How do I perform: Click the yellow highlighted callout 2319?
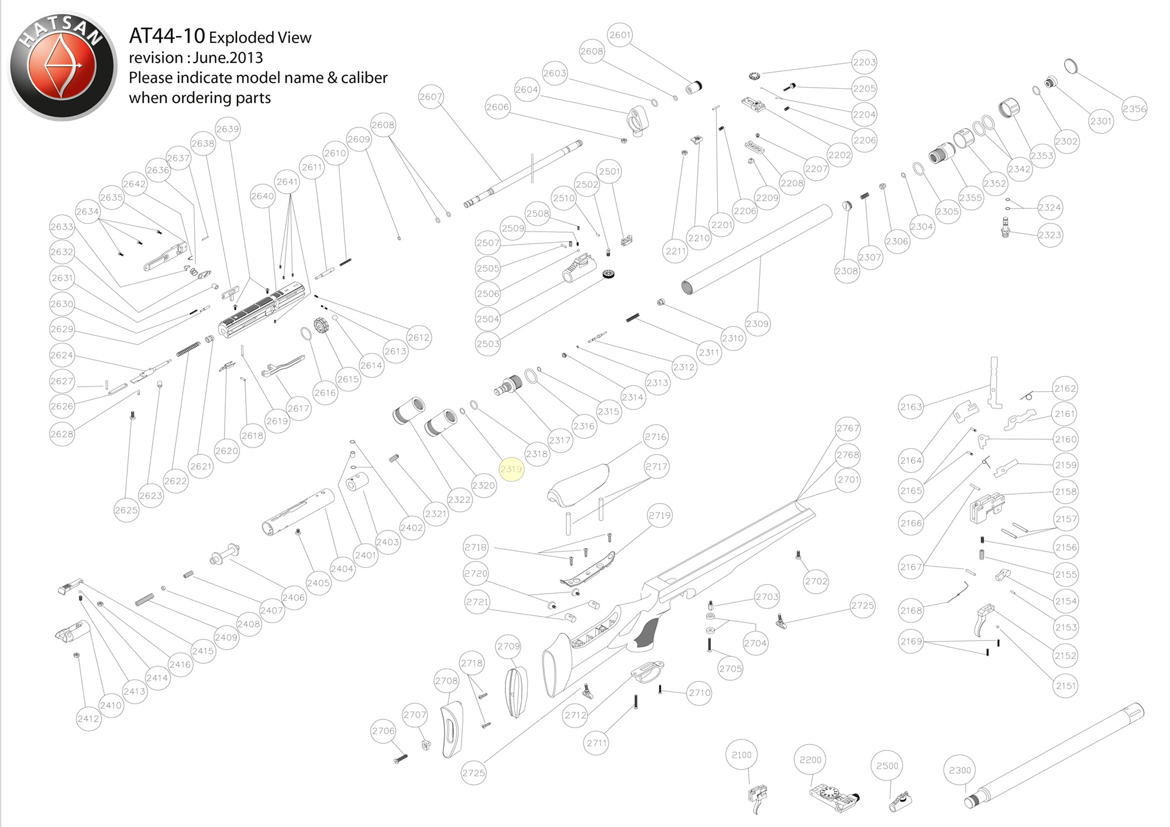coord(511,469)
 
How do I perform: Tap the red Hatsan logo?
coord(61,66)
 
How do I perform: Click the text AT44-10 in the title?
coord(167,36)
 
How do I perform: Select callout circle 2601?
coord(620,35)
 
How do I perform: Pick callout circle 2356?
coord(1134,109)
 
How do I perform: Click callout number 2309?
coord(757,323)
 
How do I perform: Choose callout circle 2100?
coord(741,755)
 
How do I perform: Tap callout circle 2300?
coord(959,770)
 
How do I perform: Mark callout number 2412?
coord(88,719)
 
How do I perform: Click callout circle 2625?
coord(126,510)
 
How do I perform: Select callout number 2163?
coord(911,406)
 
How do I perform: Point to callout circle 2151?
coord(1065,685)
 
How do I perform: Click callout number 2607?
coord(431,97)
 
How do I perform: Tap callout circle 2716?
coord(655,437)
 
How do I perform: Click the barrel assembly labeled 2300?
coord(1053,754)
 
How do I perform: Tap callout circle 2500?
coord(887,766)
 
